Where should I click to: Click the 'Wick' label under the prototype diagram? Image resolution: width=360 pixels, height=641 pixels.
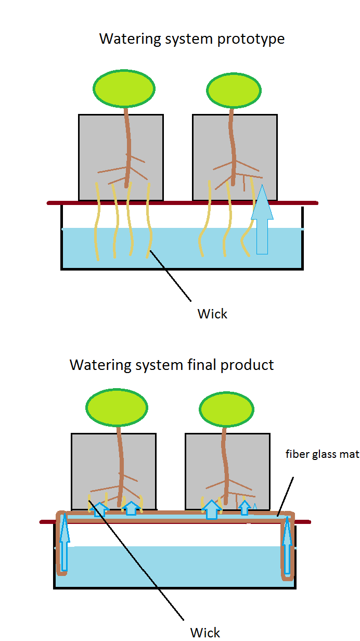pyautogui.click(x=212, y=314)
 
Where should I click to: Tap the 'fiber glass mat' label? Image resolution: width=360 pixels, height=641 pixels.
pyautogui.click(x=323, y=454)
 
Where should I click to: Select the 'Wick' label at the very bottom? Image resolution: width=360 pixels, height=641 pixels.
pyautogui.click(x=205, y=632)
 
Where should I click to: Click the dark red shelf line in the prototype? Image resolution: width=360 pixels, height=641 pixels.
pyautogui.click(x=182, y=202)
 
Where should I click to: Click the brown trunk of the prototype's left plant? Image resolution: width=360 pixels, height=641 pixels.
pyautogui.click(x=126, y=140)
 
